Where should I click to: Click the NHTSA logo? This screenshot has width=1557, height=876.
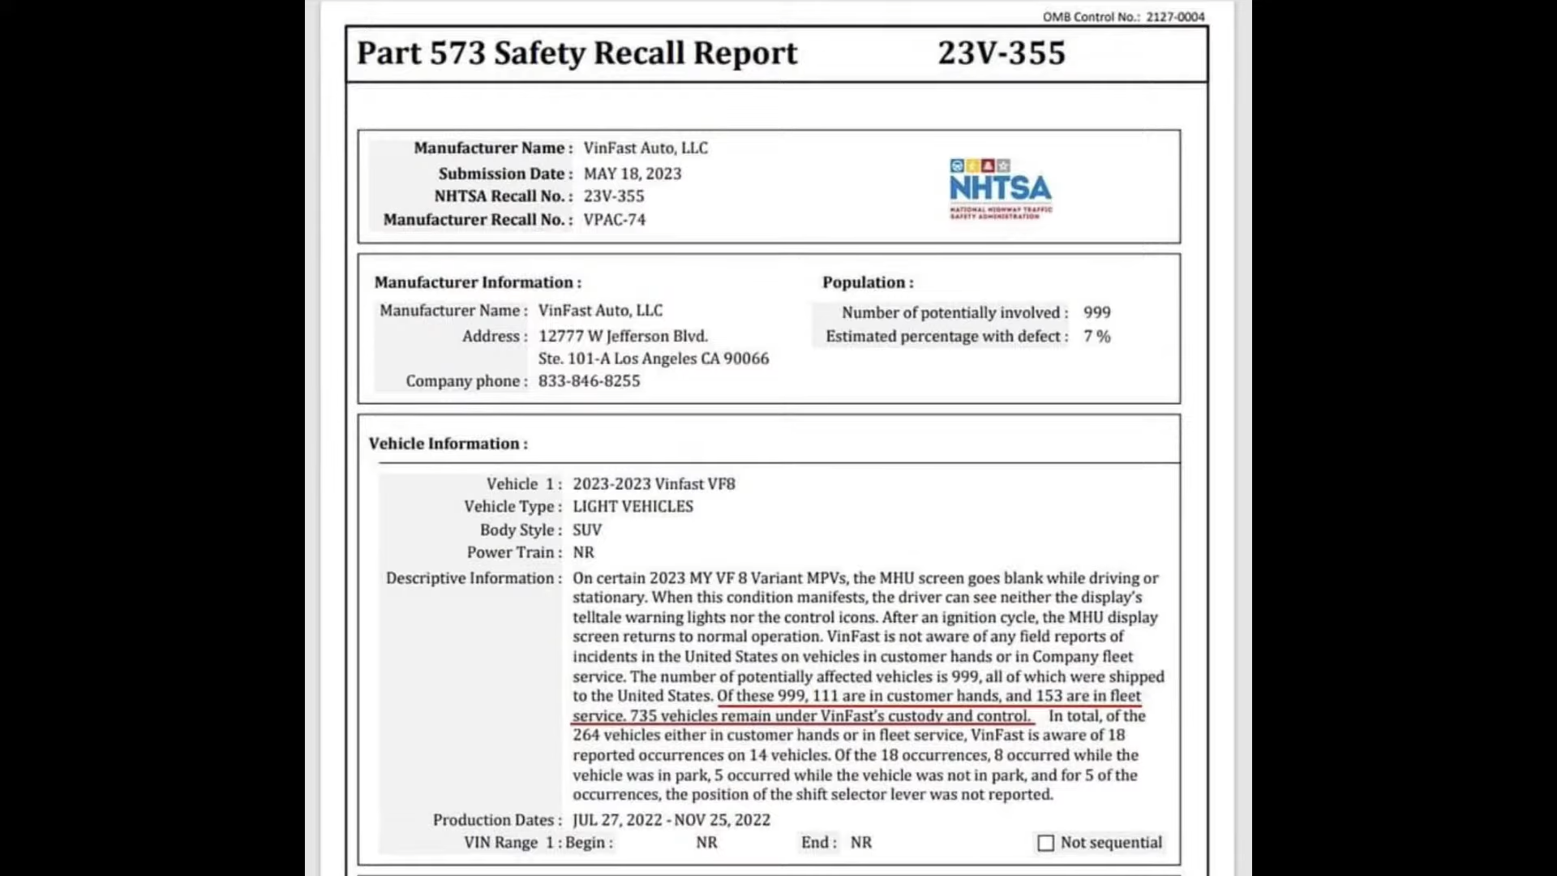[1000, 189]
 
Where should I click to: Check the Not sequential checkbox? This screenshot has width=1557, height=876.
[1046, 844]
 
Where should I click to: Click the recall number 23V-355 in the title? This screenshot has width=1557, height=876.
[1002, 54]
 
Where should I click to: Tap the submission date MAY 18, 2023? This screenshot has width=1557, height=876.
[633, 174]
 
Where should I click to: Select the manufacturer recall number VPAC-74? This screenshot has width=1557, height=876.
[615, 220]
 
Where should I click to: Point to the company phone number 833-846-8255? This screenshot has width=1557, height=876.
[589, 381]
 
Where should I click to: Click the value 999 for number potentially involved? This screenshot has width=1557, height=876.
[1097, 313]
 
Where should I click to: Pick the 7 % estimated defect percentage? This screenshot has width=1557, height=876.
[1097, 337]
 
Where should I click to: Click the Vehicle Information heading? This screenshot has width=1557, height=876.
[448, 444]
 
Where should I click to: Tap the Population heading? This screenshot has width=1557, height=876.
[868, 282]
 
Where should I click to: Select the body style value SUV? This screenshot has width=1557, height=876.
[587, 530]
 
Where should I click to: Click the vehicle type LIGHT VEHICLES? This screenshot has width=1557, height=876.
[633, 507]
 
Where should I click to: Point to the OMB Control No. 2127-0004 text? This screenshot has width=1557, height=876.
[1123, 17]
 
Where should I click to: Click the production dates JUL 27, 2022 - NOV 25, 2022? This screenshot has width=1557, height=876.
[671, 820]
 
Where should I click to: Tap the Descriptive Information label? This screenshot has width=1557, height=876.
[474, 578]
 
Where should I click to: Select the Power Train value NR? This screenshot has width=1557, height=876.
[583, 553]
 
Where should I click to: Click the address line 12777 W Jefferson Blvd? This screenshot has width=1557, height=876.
[623, 337]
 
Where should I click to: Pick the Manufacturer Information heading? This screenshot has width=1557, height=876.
[478, 282]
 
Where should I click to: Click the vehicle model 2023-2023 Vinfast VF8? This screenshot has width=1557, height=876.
[654, 484]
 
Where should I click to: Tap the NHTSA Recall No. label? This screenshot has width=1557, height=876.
[503, 196]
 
